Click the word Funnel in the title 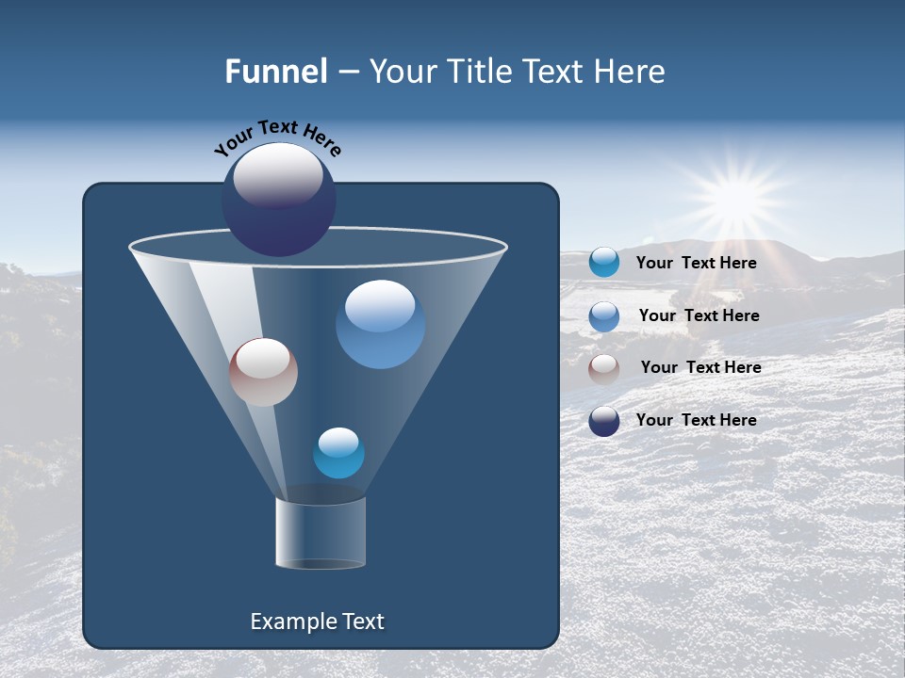pos(275,72)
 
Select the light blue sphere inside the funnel pos(380,324)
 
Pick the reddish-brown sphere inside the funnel pos(263,372)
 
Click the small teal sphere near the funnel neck pos(338,453)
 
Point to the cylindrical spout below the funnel pos(321,533)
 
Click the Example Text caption pos(317,621)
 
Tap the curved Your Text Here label pos(278,137)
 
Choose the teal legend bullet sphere pos(604,263)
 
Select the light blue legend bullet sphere pos(604,315)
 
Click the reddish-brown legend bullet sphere pos(604,368)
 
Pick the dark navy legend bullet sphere pos(604,421)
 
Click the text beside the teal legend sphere pos(696,263)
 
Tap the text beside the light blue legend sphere pos(699,315)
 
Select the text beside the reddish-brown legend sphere pos(700,367)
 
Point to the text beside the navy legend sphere pos(696,420)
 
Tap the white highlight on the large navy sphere pos(278,175)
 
